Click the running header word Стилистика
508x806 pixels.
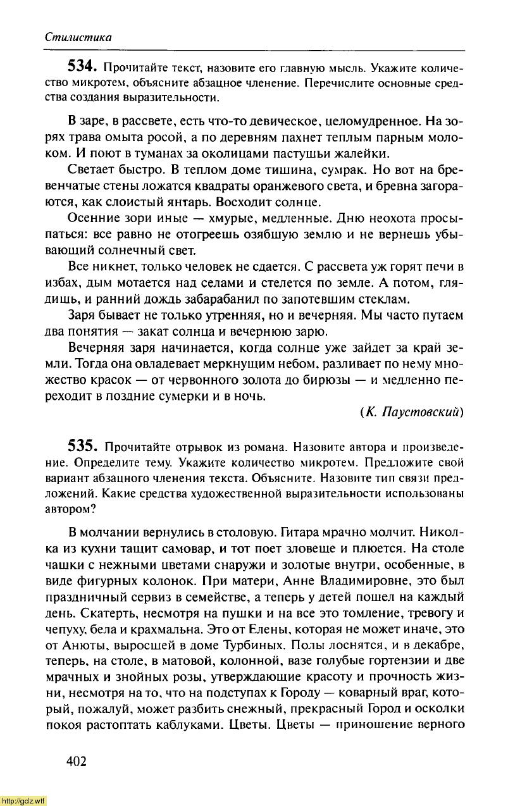point(78,37)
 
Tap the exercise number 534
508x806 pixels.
point(81,66)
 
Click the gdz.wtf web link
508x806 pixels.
point(23,800)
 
